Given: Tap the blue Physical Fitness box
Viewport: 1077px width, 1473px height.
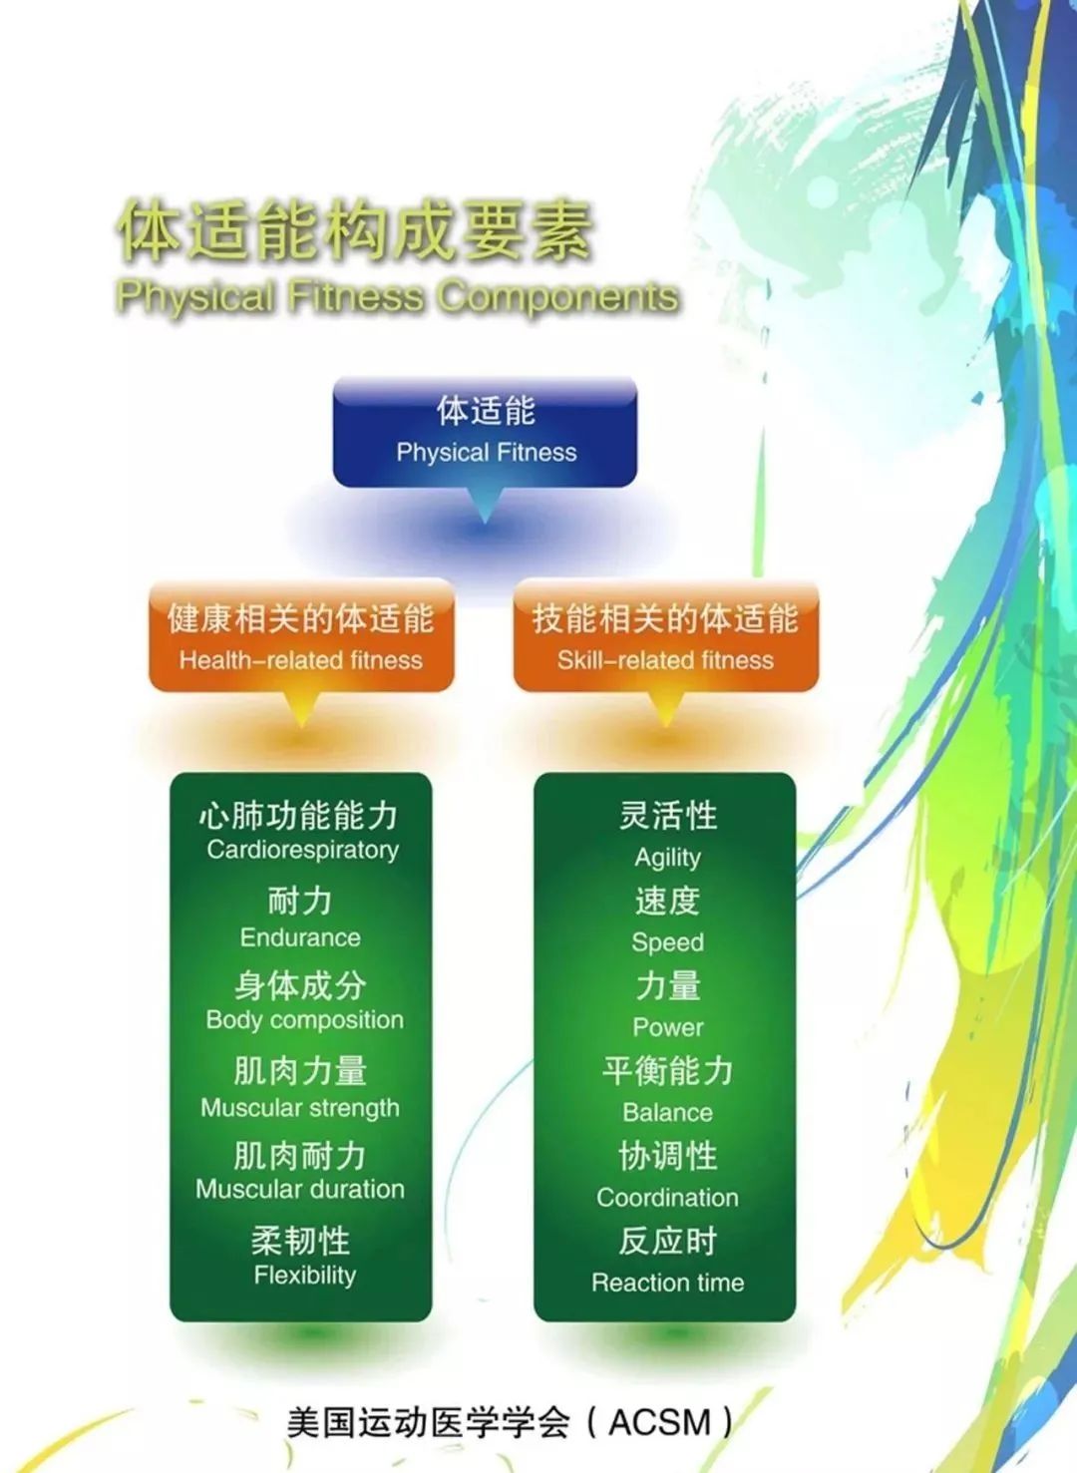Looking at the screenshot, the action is click(485, 432).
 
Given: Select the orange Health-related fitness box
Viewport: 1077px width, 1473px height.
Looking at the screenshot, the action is click(301, 636).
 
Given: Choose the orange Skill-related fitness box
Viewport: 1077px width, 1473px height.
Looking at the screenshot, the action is click(665, 636).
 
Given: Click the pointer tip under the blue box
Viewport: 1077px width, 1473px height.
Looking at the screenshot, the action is click(485, 523).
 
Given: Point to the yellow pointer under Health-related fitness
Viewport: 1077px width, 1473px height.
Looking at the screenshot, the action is click(301, 709).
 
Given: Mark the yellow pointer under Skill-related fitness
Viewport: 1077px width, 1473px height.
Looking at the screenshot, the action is click(665, 709).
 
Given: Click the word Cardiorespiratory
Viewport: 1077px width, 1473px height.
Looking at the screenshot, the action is click(302, 851).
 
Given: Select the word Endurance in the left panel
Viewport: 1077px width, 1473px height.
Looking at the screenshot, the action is click(300, 937).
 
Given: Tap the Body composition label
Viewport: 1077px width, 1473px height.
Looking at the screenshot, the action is click(304, 1020).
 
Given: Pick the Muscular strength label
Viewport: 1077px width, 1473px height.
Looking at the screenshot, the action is click(300, 1109).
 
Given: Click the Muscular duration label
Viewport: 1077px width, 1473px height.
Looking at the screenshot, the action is click(300, 1190).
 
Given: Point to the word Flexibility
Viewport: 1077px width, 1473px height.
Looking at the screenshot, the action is click(305, 1276).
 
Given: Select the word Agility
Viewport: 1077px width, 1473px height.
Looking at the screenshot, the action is click(667, 858).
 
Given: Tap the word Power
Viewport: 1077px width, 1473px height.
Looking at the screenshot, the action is click(667, 1027).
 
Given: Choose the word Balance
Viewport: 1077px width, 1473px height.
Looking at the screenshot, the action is click(667, 1113).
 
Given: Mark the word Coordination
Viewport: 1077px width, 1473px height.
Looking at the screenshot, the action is click(667, 1198).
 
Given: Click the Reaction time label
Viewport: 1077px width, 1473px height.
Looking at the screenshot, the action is click(667, 1283).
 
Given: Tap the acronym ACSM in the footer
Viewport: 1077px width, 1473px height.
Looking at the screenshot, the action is click(659, 1422).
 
